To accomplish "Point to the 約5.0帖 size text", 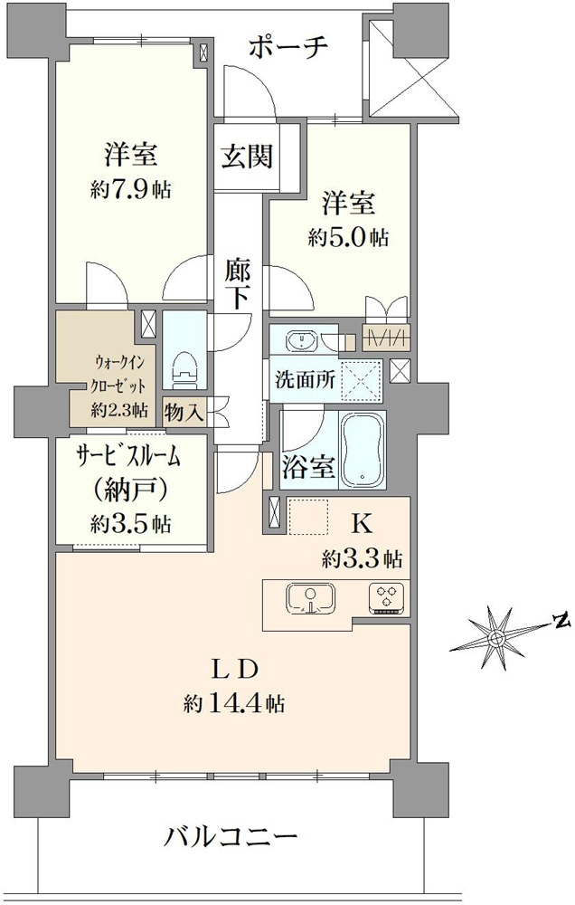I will point(348,237).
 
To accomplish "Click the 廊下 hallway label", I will point(238,284).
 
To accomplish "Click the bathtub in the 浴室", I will point(361,450).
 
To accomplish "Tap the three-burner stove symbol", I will point(388,598).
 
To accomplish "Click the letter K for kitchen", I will point(359,524).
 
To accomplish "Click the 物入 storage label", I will point(184,412).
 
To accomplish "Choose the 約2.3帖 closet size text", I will point(119,410).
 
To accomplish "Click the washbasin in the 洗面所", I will point(300,340).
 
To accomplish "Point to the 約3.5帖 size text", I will point(132,524).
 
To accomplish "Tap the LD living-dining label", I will point(236,670).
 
